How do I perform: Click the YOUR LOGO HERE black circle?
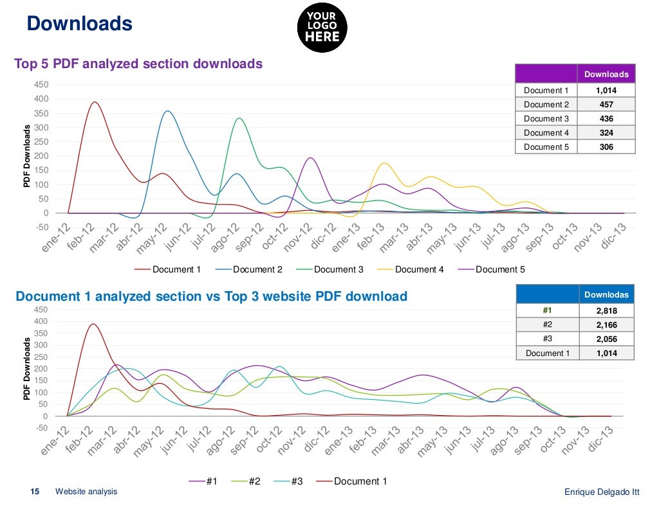(x=322, y=27)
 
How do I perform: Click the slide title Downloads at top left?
(x=79, y=24)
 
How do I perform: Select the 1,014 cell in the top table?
(x=606, y=91)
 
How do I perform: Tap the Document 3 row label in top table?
(x=546, y=119)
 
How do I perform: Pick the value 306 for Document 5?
(x=606, y=147)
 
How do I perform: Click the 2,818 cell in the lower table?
(x=606, y=311)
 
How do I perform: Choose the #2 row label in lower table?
(x=548, y=325)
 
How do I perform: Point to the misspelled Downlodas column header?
(x=606, y=294)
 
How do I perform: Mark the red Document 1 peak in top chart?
(x=95, y=102)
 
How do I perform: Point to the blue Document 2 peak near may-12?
(x=167, y=111)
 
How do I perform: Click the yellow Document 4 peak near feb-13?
(x=384, y=163)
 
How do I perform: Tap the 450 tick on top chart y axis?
(x=41, y=85)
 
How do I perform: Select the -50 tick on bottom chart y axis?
(x=41, y=428)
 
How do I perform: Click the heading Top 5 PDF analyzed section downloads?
(x=138, y=64)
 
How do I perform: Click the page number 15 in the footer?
(x=35, y=492)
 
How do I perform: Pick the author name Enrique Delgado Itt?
(x=602, y=492)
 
